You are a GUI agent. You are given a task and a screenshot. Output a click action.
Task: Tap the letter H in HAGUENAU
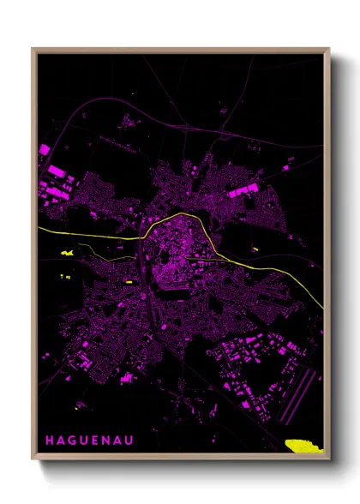pos(49,441)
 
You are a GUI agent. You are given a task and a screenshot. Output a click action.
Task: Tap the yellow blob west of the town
pos(69,252)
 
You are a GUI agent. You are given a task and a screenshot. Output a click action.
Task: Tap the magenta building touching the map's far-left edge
pos(44,150)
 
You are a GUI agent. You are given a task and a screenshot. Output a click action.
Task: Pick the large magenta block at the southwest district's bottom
pos(129,377)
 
